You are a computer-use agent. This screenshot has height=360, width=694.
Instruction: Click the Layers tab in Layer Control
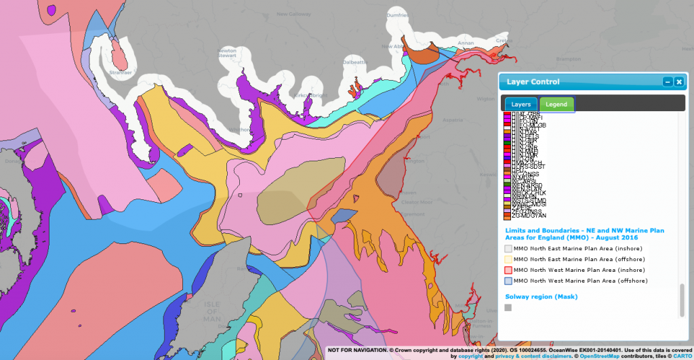tap(520, 104)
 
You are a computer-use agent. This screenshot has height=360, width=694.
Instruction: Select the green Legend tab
tap(556, 104)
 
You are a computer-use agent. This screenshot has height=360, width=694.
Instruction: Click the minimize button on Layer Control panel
tap(668, 82)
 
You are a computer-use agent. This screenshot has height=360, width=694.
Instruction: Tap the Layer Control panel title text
tap(533, 82)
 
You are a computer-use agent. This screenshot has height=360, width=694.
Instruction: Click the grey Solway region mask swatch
tap(508, 308)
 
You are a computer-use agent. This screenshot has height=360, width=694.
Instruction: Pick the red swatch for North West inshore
tap(508, 270)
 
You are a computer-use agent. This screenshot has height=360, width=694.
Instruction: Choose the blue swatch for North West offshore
tap(508, 281)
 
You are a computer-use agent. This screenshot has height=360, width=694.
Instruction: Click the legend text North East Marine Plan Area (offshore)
tap(579, 259)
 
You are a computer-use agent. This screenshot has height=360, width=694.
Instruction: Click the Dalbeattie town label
tap(358, 61)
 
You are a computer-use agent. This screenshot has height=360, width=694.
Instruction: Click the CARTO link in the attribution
tap(680, 355)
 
